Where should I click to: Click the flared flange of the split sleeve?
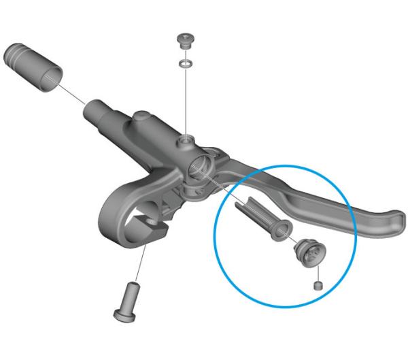pyautogui.click(x=279, y=231)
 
